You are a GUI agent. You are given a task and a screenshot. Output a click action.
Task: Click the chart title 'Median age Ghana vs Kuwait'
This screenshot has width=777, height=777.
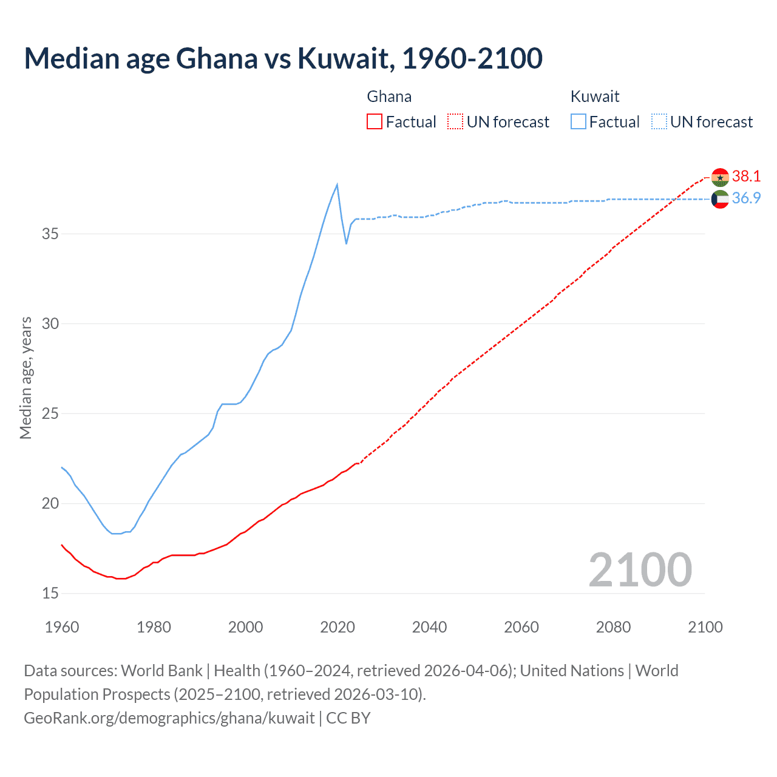pyautogui.click(x=283, y=58)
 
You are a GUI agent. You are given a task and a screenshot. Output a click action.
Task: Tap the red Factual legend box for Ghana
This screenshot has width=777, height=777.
pyautogui.click(x=375, y=122)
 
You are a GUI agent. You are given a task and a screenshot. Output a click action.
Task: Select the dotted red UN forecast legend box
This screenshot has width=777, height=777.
pyautogui.click(x=455, y=122)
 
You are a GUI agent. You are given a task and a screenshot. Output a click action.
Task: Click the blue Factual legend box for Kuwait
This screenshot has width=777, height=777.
pyautogui.click(x=579, y=122)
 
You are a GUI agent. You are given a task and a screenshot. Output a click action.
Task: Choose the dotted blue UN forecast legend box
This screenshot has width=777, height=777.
pyautogui.click(x=659, y=122)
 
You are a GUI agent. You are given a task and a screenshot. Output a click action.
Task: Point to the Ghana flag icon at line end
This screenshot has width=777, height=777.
pyautogui.click(x=720, y=177)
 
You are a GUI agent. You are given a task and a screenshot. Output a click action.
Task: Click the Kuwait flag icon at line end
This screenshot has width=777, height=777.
pyautogui.click(x=720, y=199)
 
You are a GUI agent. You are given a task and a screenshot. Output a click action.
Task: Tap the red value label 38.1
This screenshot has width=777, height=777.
pyautogui.click(x=746, y=176)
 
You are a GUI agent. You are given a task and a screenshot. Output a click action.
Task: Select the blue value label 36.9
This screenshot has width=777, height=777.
pyautogui.click(x=746, y=198)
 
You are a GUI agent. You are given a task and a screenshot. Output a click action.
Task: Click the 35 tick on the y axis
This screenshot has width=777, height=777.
pyautogui.click(x=50, y=234)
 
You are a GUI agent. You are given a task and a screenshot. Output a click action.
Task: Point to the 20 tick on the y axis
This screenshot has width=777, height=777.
pyautogui.click(x=50, y=503)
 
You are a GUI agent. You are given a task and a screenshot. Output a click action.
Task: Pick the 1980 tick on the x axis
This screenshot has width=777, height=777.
pyautogui.click(x=154, y=627)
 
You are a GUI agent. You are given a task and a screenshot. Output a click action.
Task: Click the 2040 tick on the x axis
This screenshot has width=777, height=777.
pyautogui.click(x=429, y=627)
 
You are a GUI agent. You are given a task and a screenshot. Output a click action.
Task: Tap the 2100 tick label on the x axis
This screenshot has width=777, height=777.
pyautogui.click(x=705, y=627)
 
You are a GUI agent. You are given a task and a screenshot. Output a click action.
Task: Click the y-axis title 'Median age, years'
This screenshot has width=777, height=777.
pyautogui.click(x=25, y=378)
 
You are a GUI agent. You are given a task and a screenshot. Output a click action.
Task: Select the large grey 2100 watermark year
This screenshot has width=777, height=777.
pyautogui.click(x=640, y=569)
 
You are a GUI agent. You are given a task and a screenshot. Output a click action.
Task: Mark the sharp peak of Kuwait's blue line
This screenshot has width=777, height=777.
pyautogui.click(x=337, y=185)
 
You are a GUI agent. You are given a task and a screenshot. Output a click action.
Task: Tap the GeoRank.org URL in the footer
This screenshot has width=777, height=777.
pyautogui.click(x=169, y=718)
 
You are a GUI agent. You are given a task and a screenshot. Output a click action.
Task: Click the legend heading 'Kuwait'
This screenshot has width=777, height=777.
pyautogui.click(x=595, y=97)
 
